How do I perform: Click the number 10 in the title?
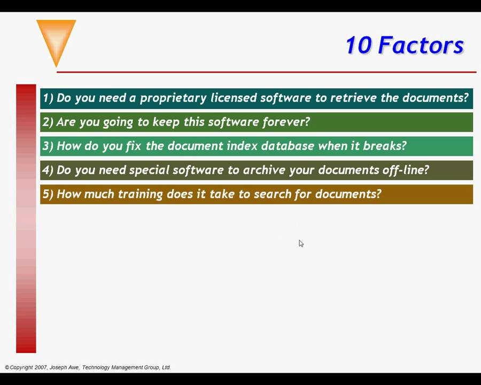click(358, 45)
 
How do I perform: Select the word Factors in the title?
click(421, 45)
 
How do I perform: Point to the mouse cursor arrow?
click(301, 243)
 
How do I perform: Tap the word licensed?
click(233, 98)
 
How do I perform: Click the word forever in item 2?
click(286, 122)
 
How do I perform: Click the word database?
click(289, 146)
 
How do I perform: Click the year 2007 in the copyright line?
click(40, 367)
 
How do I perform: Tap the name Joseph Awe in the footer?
click(64, 367)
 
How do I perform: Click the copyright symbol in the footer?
click(7, 367)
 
